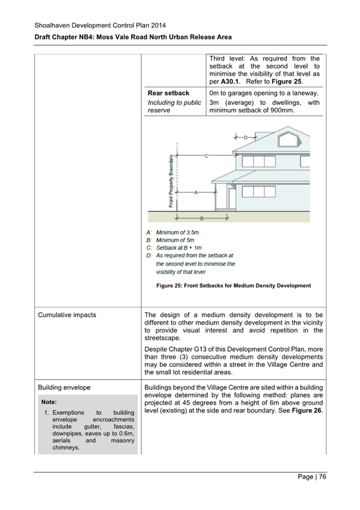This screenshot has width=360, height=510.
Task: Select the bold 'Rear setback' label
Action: (x=168, y=93)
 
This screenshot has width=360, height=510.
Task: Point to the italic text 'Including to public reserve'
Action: (x=174, y=106)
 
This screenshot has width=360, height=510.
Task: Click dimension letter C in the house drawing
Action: (x=206, y=156)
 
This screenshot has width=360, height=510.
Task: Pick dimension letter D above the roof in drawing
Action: (x=245, y=138)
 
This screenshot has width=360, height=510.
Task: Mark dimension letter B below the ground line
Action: (x=201, y=219)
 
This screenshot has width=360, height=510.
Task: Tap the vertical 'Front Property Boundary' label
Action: (x=171, y=180)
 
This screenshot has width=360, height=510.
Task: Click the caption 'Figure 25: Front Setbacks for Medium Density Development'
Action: (x=234, y=285)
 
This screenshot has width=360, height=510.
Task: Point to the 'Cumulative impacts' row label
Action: (x=66, y=315)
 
